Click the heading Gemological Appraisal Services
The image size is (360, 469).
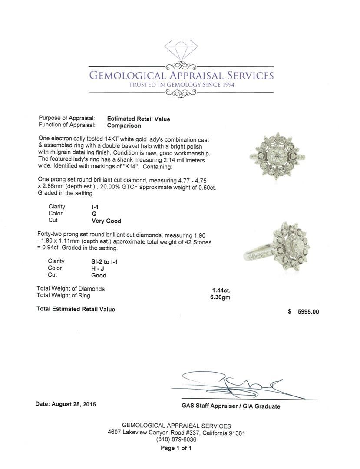point(181,75)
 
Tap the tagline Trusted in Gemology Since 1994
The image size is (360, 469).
point(182,85)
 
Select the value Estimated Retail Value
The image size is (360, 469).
point(139,119)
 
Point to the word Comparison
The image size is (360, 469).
point(124,126)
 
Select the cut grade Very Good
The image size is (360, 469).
point(106,221)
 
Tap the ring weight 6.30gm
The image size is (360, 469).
point(220,297)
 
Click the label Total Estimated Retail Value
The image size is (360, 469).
point(76,309)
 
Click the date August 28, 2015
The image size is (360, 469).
point(66,404)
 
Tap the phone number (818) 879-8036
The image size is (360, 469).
point(176,439)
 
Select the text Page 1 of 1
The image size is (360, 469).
point(176,448)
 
